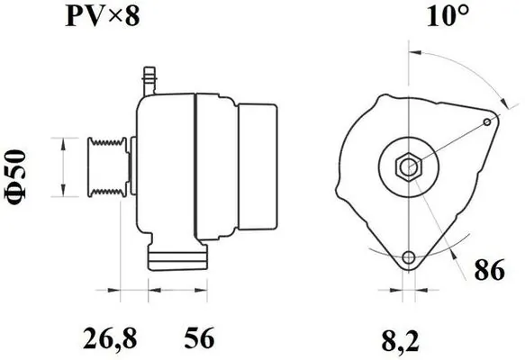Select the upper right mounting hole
click(x=487, y=120)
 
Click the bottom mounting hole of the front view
click(x=410, y=258)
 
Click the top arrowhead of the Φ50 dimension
click(x=61, y=143)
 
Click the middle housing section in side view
click(x=215, y=166)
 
